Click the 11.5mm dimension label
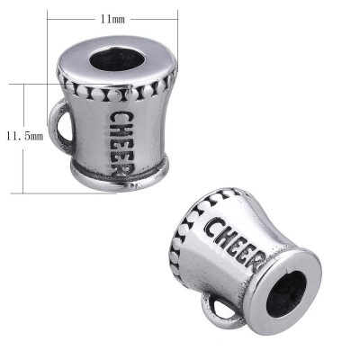(x=24, y=136)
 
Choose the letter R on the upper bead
(x=127, y=175)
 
